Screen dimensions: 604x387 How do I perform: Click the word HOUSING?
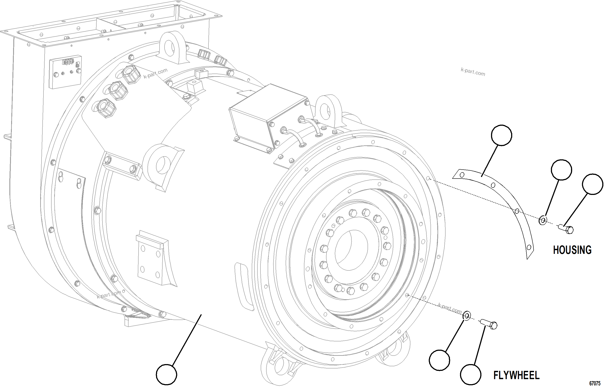click(572, 250)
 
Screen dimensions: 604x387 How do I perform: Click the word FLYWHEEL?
click(516, 375)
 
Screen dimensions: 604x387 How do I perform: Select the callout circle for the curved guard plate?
click(501, 135)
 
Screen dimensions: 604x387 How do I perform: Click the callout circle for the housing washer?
click(561, 170)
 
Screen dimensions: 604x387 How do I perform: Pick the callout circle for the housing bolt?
click(592, 184)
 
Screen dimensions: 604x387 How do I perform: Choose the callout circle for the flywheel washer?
click(439, 360)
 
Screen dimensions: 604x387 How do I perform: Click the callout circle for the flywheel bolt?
click(471, 374)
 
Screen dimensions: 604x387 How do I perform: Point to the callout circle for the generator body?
click(167, 374)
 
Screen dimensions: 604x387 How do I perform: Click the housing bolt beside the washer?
click(566, 229)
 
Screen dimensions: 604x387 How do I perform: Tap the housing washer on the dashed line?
click(543, 220)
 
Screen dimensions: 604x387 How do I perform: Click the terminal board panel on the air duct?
click(65, 72)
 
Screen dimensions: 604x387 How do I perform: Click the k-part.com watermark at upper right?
click(473, 72)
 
